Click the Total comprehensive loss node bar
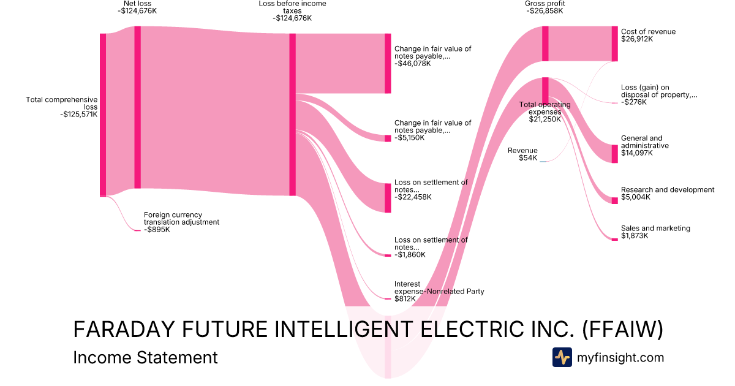(x=103, y=115)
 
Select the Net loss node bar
(x=137, y=107)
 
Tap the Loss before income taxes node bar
(x=292, y=115)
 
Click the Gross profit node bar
(x=545, y=44)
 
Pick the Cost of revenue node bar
(x=614, y=44)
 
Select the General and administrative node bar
(x=614, y=154)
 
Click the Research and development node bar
(x=614, y=200)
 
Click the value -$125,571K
(x=79, y=114)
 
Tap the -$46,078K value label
(x=413, y=63)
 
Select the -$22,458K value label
(x=413, y=197)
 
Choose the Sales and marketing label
(x=655, y=229)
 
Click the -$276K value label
(x=634, y=102)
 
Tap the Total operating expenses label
(x=545, y=108)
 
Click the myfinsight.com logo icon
(x=562, y=357)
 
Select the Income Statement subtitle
(x=145, y=357)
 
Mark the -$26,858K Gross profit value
(x=545, y=11)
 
